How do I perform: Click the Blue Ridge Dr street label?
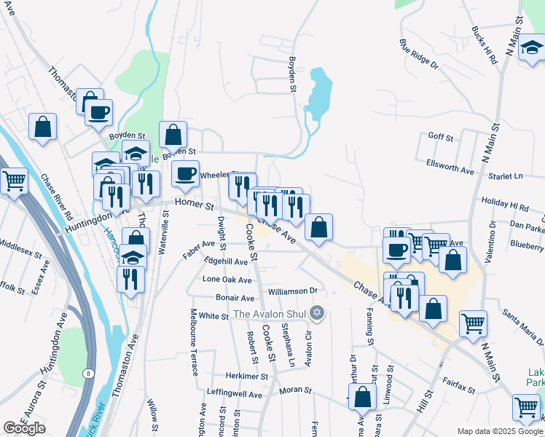419,54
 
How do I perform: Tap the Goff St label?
441,137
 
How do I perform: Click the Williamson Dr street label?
293,291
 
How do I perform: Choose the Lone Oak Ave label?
227,280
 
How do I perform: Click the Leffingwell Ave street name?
235,395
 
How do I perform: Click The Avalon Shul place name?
270,315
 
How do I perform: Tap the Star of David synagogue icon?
315,314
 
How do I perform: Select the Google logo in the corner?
24,428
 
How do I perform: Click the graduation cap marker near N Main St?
533,49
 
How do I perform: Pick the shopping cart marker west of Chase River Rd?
13,181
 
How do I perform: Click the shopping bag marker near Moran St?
362,398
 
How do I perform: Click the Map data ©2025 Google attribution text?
500,431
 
